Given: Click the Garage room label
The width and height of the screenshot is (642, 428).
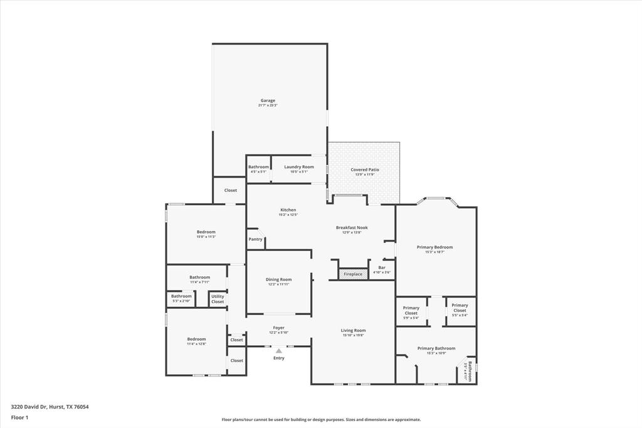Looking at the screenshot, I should pos(268,100).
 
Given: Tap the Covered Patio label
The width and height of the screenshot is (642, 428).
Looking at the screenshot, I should pos(364,169).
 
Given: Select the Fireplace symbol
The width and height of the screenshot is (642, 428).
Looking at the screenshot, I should pos(353,274).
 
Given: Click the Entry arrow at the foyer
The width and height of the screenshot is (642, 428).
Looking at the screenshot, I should pos(278,351).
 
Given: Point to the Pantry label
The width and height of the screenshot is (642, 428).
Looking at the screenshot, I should pos(255,239).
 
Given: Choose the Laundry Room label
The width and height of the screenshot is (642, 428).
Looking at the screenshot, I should pos(298,167).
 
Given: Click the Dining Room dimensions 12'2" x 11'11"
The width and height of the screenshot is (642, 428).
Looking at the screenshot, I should pos(278,284).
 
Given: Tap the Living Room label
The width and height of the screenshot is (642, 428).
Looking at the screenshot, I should pos(353,330).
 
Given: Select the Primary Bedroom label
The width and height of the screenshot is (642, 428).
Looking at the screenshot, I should pos(434,247).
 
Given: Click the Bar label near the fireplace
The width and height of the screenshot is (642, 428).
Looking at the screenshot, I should pos(381,267).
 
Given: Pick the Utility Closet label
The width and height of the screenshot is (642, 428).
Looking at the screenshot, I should pos(218,299).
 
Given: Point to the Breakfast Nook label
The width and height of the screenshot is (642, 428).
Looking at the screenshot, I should pos(352,227).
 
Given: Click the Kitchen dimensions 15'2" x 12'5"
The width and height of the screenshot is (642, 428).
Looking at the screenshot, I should pos(288,215).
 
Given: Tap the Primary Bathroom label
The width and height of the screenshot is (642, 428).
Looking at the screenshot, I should pos(436,348).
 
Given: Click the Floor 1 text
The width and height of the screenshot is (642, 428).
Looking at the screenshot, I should pos(19,417).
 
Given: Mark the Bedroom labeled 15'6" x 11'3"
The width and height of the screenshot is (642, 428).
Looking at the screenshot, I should pos(206,232).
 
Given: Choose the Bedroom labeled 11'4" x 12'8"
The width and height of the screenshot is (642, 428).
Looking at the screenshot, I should pos(196,339).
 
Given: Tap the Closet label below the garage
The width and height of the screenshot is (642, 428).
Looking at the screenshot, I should pos(231,190).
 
